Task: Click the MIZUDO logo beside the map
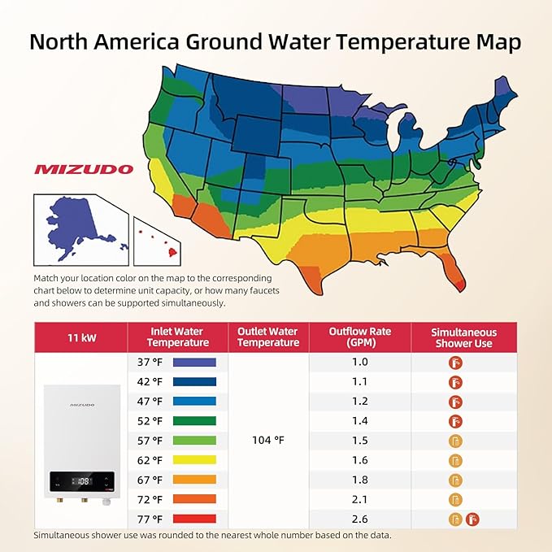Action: (84, 170)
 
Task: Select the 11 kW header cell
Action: (80, 337)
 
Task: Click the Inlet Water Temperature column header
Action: (177, 337)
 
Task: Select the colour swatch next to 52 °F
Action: (194, 421)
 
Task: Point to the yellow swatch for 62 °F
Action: (194, 460)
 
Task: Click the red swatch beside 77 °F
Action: (194, 519)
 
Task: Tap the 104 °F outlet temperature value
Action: (267, 440)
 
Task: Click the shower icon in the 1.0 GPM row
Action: (455, 362)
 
